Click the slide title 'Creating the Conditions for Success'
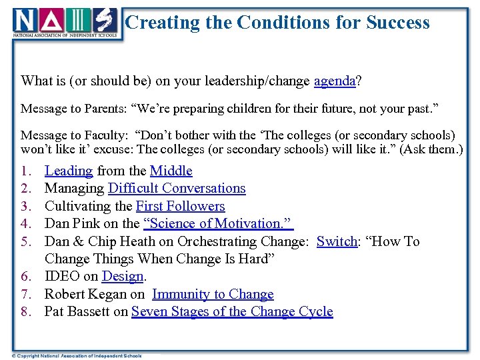[277, 23]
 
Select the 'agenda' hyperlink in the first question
[334, 81]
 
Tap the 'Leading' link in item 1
[69, 171]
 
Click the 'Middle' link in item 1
[171, 171]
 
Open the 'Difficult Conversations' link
[177, 189]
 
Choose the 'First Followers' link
[180, 206]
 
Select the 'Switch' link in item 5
[337, 241]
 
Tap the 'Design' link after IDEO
[123, 277]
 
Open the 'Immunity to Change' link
[213, 294]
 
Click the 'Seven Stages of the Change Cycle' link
[232, 311]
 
